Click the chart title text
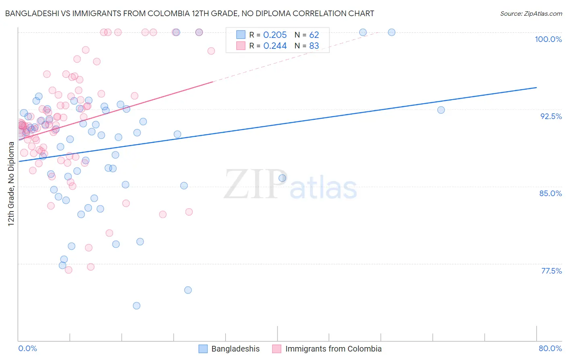[190, 14]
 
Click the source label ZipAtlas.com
[531, 14]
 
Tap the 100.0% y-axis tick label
[548, 39]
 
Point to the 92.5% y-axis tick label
[551, 116]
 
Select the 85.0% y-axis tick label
[550, 193]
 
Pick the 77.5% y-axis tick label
[551, 271]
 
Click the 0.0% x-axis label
[27, 348]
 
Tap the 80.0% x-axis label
[550, 348]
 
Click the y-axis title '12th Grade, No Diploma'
[11, 184]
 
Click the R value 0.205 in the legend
[275, 35]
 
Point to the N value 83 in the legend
[314, 46]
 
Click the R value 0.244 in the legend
[275, 46]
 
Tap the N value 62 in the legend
[314, 35]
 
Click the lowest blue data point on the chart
[137, 306]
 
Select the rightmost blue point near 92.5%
[441, 110]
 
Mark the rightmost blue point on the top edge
[392, 32]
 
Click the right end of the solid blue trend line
[536, 88]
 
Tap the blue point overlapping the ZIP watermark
[282, 178]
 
